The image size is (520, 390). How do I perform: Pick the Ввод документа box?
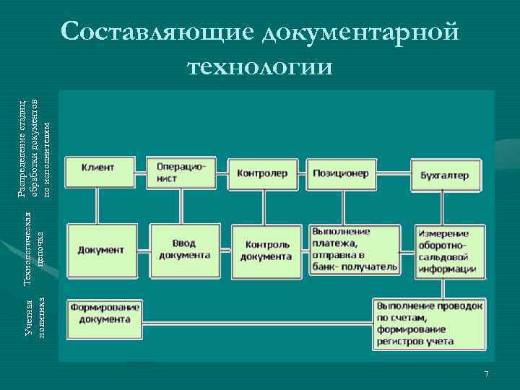pyautogui.click(x=184, y=249)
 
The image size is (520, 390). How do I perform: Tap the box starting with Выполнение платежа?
pyautogui.click(x=354, y=249)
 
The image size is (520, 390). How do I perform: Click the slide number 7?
pyautogui.click(x=486, y=373)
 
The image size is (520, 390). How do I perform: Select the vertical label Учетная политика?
pyautogui.click(x=36, y=318)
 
